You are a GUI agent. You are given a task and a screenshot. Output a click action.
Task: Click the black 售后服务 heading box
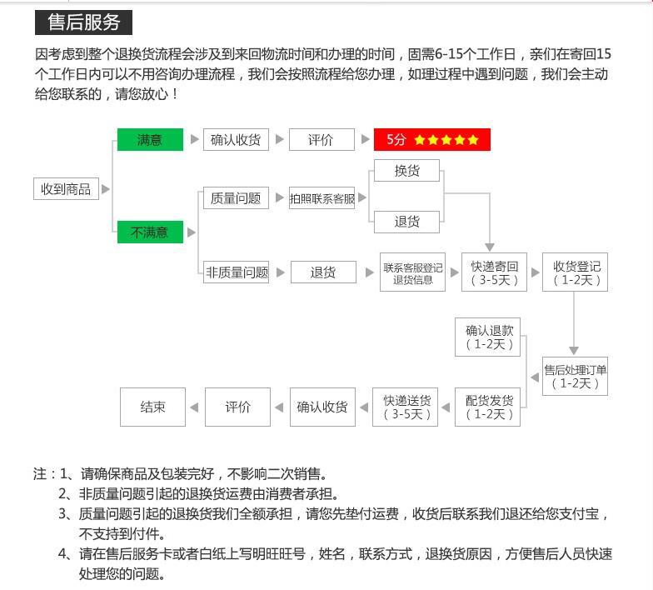click(83, 22)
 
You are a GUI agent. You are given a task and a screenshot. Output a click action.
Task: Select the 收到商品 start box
click(66, 189)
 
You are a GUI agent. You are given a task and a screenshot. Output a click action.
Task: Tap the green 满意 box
click(150, 140)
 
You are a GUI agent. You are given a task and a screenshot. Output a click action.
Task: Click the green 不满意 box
click(150, 232)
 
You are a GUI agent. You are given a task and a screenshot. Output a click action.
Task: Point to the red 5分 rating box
click(431, 140)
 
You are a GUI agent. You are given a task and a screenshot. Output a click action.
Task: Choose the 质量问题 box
click(236, 198)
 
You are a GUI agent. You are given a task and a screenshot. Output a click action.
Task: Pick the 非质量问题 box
click(237, 272)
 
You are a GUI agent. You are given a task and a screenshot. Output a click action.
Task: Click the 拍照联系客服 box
click(322, 198)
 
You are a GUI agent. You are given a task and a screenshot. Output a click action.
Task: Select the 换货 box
click(406, 171)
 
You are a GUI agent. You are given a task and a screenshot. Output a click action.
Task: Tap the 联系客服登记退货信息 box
click(412, 272)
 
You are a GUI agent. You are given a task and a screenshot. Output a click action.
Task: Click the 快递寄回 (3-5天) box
click(494, 272)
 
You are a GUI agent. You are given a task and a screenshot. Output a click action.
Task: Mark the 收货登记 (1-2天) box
click(576, 272)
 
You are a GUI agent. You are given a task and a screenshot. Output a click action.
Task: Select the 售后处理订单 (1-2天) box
click(576, 376)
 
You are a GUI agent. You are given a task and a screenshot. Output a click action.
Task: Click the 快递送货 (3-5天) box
click(406, 407)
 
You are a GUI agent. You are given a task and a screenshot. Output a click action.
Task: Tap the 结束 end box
click(152, 407)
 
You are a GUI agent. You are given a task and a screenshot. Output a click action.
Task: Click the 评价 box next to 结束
click(237, 407)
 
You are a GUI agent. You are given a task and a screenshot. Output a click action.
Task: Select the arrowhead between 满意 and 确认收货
click(195, 140)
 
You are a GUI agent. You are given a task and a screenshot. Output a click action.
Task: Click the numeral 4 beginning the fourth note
click(63, 554)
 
